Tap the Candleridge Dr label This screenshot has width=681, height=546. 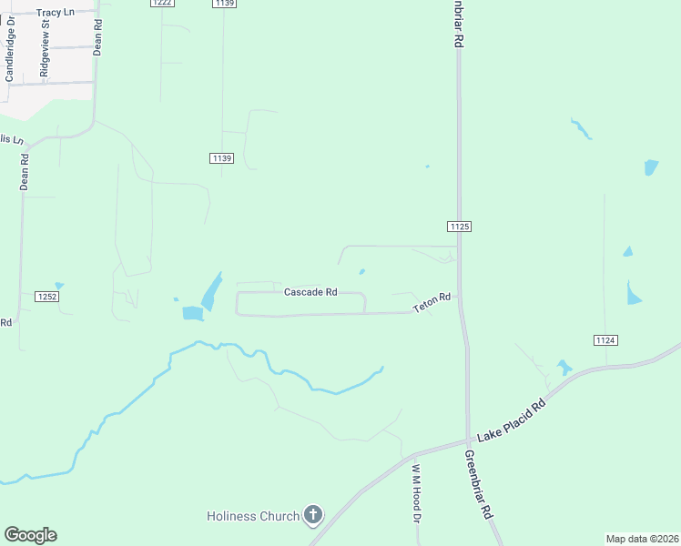[x=10, y=55]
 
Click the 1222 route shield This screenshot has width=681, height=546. [x=162, y=4]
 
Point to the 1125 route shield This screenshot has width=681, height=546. [x=459, y=226]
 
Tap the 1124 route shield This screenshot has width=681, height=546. [x=605, y=339]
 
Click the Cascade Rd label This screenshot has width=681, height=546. [x=310, y=292]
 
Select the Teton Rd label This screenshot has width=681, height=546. [x=432, y=304]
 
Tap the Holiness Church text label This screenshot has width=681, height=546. [x=253, y=516]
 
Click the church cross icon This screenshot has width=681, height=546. [x=313, y=516]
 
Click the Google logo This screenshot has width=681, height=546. [x=30, y=535]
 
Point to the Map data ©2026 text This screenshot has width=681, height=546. [x=643, y=539]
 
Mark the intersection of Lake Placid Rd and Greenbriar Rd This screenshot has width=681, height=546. [x=469, y=441]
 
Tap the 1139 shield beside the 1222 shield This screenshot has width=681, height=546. [x=224, y=4]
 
